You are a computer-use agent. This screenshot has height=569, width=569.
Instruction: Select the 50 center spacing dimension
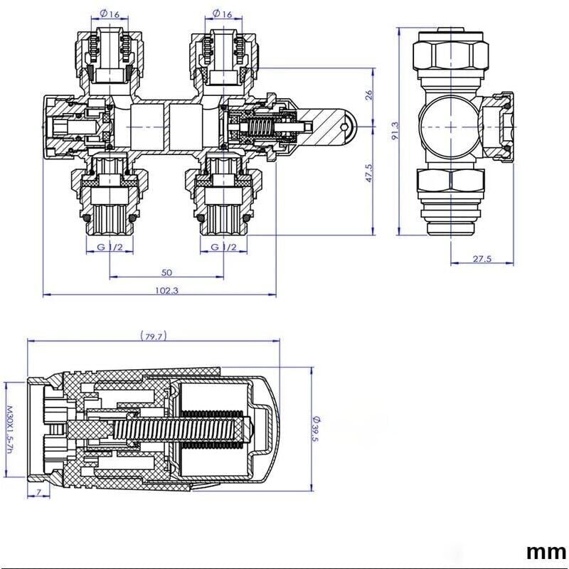coord(166,272)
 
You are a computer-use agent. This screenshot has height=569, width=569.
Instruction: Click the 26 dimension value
coord(369,95)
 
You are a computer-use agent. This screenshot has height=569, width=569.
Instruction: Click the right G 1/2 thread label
coord(223,247)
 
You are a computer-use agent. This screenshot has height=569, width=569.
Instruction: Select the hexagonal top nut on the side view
coord(450,53)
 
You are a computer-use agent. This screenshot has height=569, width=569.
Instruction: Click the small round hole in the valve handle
coord(349,128)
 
